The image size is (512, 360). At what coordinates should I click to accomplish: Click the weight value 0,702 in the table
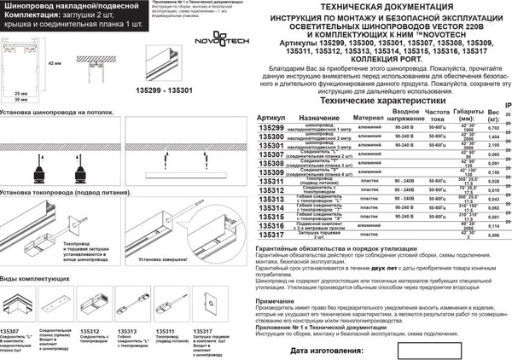click(493, 127)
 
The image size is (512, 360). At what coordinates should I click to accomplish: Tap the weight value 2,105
click(493, 146)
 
